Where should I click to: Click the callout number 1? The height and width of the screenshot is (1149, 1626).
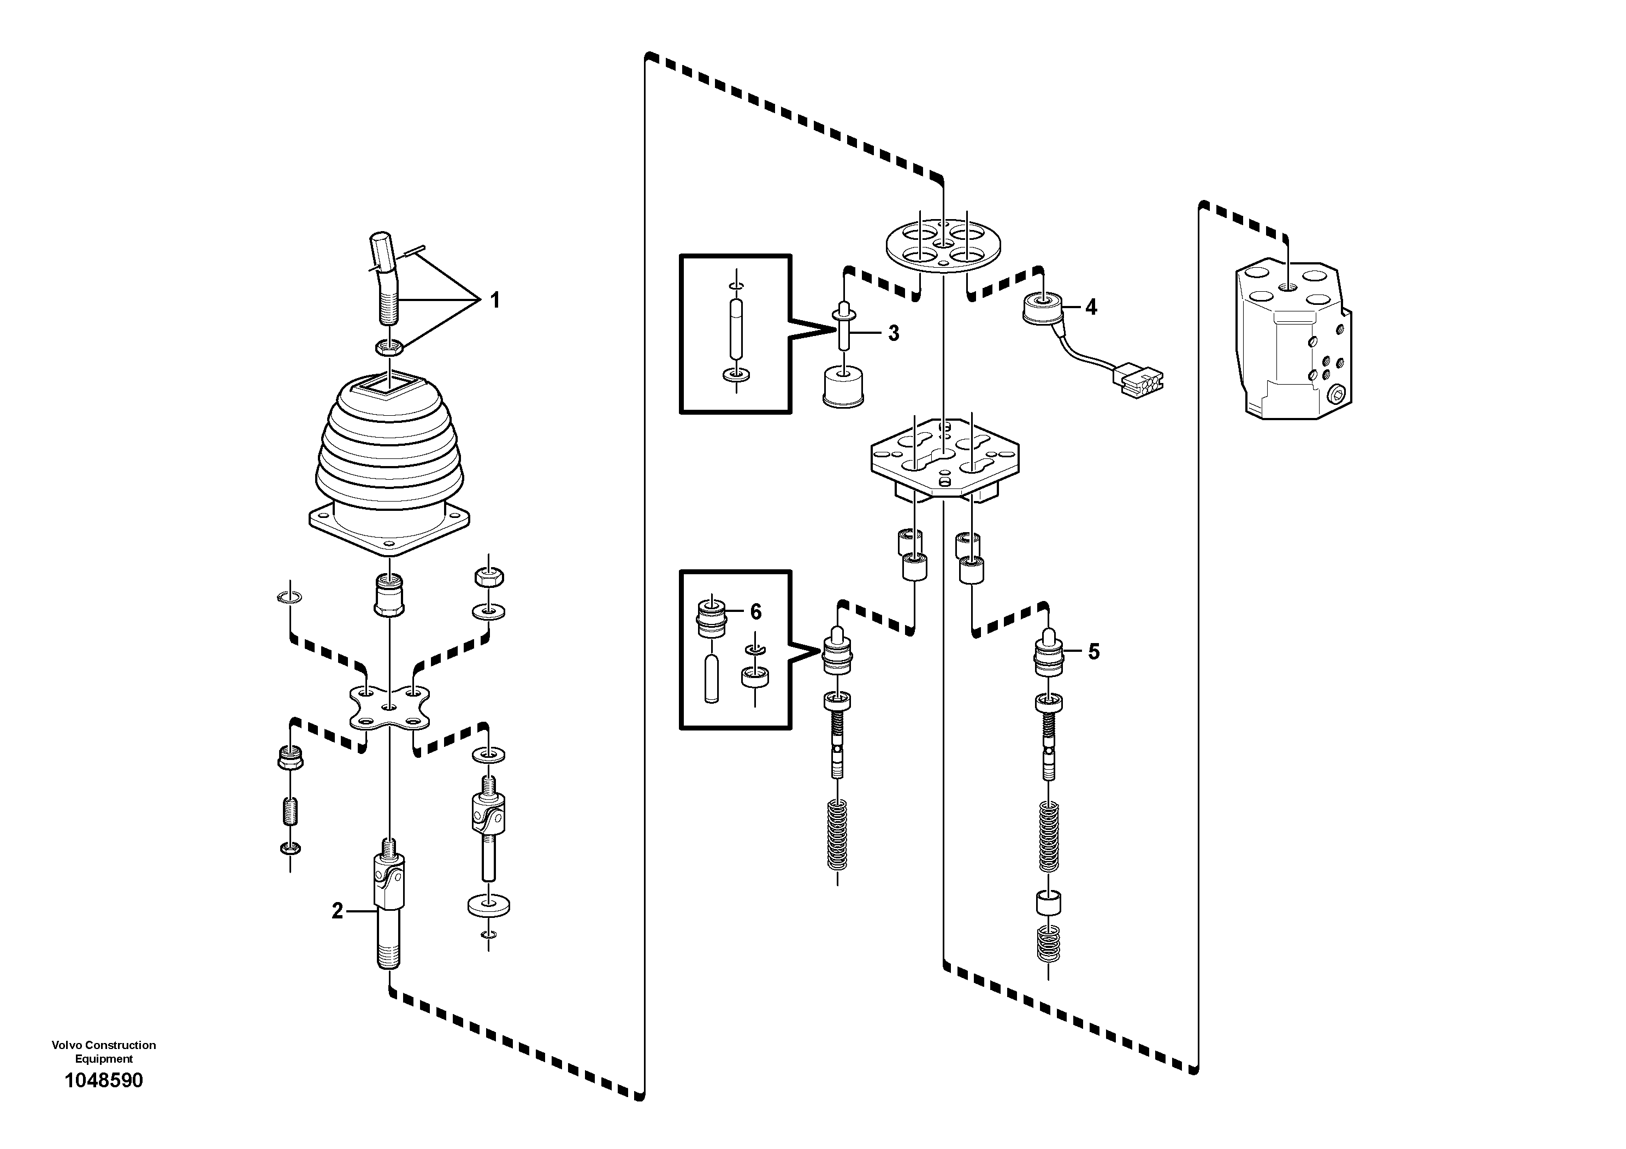click(495, 300)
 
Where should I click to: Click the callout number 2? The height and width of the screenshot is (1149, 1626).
click(337, 911)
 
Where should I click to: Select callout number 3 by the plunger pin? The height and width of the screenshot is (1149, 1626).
click(893, 333)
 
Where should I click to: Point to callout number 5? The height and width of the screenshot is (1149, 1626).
click(1093, 652)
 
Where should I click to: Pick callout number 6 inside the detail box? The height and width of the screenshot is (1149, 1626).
click(755, 611)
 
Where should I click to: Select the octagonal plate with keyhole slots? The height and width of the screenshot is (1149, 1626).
click(945, 461)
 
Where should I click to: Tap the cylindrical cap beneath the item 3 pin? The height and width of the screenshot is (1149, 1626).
click(843, 387)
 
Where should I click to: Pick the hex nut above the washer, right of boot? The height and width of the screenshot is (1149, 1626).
click(489, 576)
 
